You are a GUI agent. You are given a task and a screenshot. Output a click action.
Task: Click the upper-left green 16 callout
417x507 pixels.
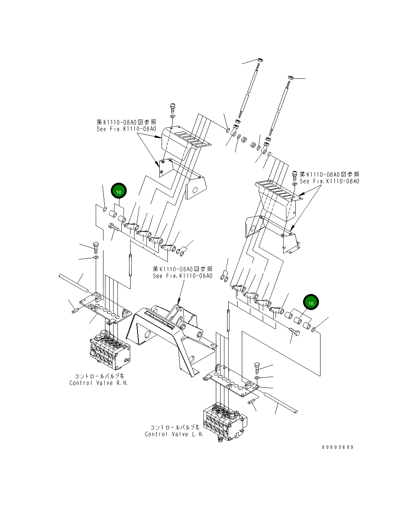coord(119,192)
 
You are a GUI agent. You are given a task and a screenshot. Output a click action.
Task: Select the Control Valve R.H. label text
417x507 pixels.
coord(98,380)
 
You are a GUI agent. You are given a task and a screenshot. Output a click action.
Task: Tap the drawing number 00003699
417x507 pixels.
coord(338,447)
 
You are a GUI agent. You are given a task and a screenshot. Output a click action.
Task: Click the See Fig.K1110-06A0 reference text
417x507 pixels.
coord(183,272)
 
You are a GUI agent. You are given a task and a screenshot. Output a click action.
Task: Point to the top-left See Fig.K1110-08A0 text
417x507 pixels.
coord(126,125)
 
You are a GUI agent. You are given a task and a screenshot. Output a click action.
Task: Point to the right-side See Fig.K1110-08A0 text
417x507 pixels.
coord(329,178)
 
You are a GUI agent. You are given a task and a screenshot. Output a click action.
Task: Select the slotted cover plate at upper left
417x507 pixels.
coord(186,140)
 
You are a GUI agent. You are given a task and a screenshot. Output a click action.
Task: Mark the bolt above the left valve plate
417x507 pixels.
coord(96,247)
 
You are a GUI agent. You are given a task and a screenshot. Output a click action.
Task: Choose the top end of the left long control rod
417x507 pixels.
coord(260,60)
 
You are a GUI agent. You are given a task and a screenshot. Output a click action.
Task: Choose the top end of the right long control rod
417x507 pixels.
coord(291,78)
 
